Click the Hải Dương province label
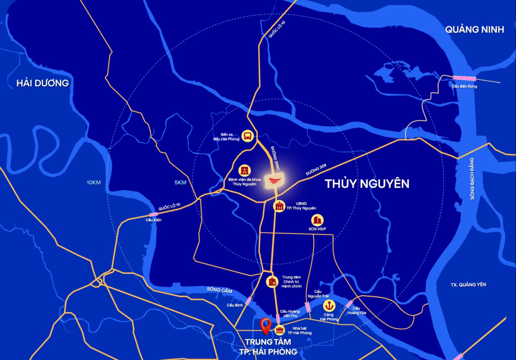[43, 83]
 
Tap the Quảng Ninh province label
[475, 30]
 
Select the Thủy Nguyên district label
[367, 184]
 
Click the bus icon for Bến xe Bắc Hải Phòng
[248, 136]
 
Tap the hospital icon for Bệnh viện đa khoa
[245, 170]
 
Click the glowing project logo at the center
[275, 180]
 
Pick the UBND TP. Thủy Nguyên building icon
[279, 206]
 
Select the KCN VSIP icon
[317, 220]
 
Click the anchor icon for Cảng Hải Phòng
[329, 306]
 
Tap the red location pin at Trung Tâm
[266, 326]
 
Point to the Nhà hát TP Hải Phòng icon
[280, 330]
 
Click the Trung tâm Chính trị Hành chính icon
[272, 282]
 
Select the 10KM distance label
[94, 183]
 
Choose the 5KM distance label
[181, 183]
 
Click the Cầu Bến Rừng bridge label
[464, 86]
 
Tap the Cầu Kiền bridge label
[154, 220]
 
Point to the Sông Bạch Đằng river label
[472, 179]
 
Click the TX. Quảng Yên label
[468, 285]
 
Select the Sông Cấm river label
[219, 290]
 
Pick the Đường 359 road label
[316, 169]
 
